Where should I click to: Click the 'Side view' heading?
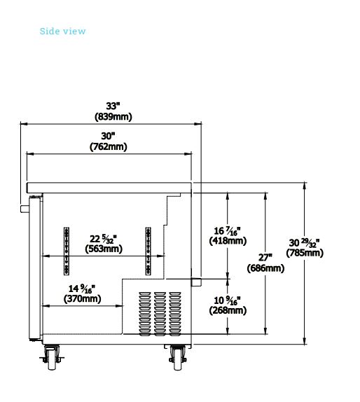(62, 32)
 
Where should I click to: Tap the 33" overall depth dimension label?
(113, 106)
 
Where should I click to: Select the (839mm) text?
(113, 117)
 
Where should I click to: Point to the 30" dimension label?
(108, 136)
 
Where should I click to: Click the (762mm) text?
(108, 146)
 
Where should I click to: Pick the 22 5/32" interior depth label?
(104, 239)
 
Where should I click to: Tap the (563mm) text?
(104, 249)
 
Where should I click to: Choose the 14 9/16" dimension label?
(82, 289)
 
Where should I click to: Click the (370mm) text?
(83, 298)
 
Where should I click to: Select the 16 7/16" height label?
(227, 230)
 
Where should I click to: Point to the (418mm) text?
(228, 241)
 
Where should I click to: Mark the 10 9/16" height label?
(227, 300)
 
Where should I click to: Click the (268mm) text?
(228, 310)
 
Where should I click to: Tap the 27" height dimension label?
(265, 258)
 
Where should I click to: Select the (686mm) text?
(265, 268)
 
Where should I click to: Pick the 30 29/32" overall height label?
(305, 242)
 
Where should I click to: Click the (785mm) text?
(305, 253)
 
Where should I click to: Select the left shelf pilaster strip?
(67, 251)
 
